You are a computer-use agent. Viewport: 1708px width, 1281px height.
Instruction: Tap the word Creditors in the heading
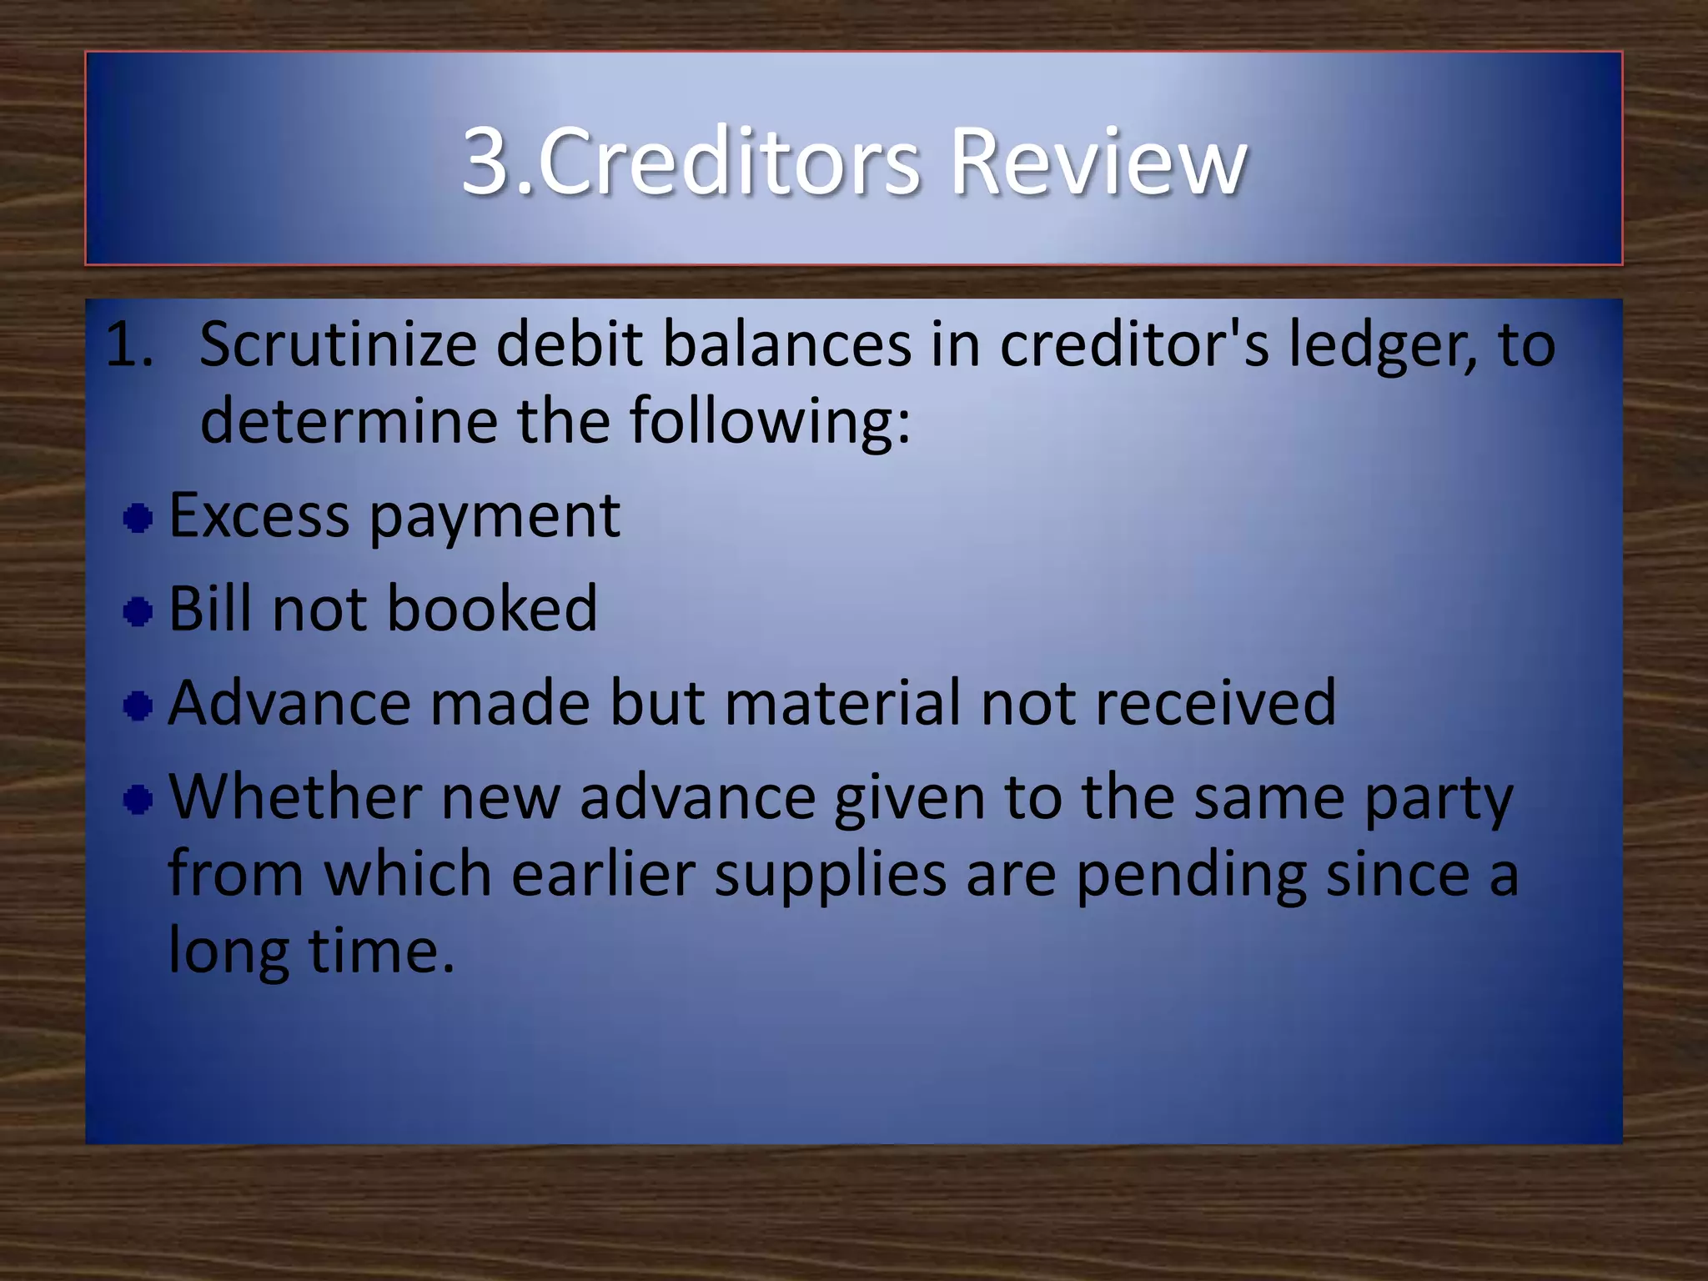729,160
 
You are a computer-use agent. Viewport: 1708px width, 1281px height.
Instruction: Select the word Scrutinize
338,344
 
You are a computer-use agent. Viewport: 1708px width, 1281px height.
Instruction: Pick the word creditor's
1134,344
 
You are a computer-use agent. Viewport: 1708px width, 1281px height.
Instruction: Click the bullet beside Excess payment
138,519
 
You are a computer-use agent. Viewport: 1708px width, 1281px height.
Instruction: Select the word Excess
259,515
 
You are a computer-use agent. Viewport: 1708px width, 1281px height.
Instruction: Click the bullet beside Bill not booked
138,612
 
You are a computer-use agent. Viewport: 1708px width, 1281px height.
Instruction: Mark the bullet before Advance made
138,706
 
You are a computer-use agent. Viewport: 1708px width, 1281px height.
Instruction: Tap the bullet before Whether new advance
138,801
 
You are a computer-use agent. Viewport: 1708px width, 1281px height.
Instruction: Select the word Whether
295,797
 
